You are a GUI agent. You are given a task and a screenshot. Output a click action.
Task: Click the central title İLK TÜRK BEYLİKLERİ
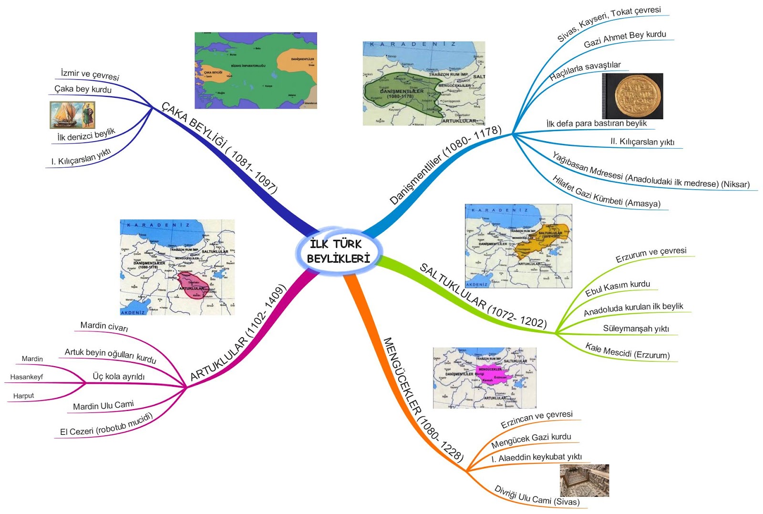(x=339, y=251)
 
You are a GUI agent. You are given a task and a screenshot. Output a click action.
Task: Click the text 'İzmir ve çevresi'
(x=90, y=75)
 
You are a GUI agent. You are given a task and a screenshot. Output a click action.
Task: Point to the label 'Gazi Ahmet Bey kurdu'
(x=625, y=39)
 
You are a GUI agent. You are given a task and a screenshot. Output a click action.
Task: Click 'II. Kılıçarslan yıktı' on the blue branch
(x=642, y=142)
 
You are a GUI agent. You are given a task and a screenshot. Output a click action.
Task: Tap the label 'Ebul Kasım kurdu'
(x=618, y=288)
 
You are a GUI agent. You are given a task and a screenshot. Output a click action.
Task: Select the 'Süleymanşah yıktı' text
(x=636, y=329)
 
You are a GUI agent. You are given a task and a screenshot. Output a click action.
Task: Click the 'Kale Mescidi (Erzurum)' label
(x=628, y=351)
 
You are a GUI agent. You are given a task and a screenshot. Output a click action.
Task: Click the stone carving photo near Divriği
(x=584, y=481)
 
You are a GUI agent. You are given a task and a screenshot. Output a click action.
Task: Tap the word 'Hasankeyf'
(x=27, y=377)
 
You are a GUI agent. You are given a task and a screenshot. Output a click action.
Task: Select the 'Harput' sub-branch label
(x=24, y=396)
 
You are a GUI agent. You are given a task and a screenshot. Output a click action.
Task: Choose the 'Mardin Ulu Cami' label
(x=103, y=406)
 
